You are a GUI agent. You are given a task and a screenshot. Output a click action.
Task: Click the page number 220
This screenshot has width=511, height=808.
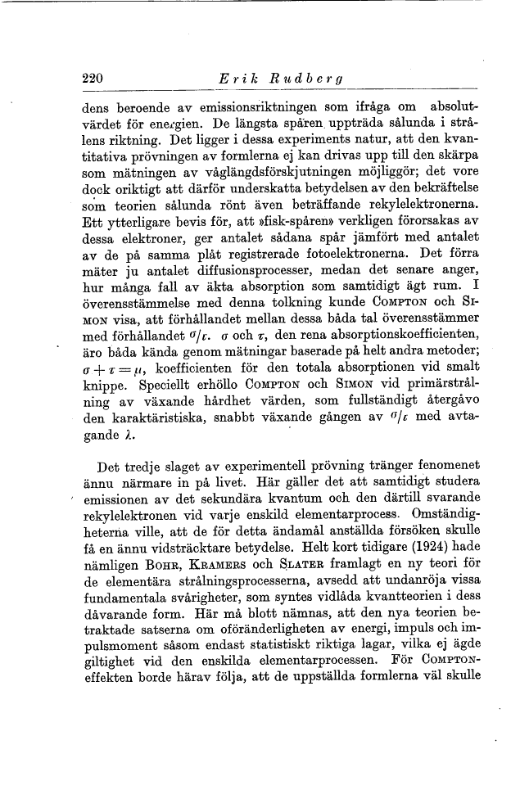click(93, 79)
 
